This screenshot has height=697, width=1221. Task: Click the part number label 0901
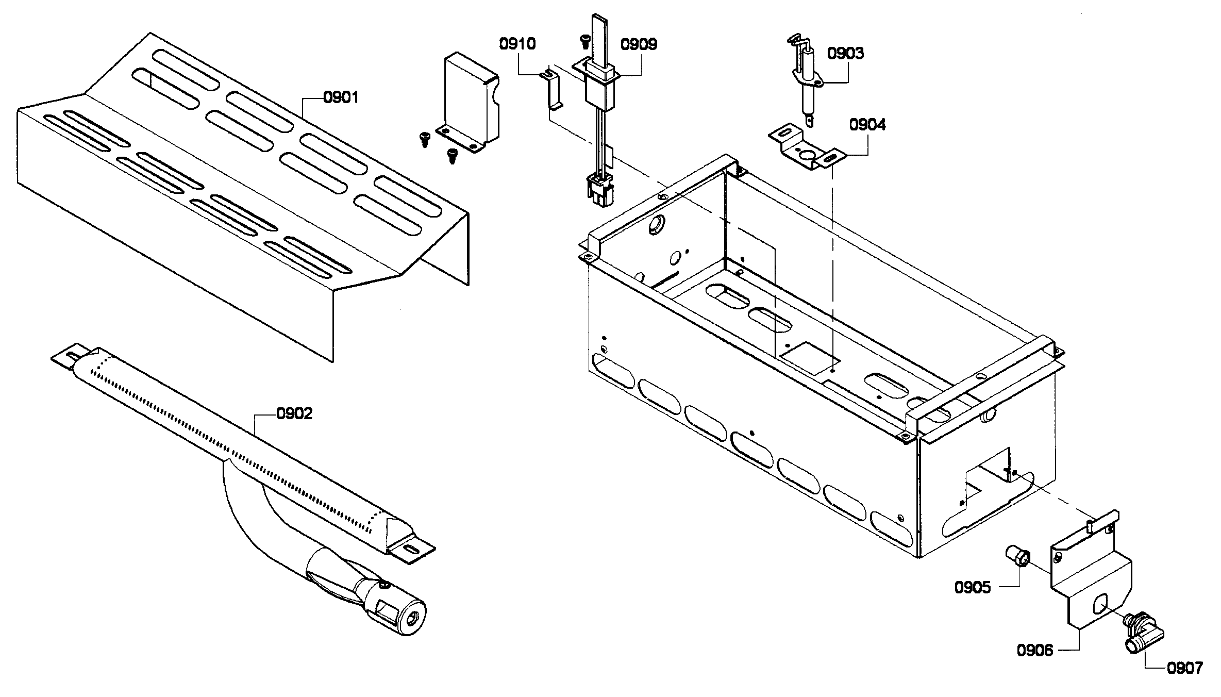340,97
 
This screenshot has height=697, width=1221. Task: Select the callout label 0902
294,414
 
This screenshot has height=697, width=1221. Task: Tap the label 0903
845,54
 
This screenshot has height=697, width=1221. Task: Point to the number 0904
867,125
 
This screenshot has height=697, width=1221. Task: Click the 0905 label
973,588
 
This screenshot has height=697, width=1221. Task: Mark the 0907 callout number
1184,669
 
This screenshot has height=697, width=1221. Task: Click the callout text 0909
639,44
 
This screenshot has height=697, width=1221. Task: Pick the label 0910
517,44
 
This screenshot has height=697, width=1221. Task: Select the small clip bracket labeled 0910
552,93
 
